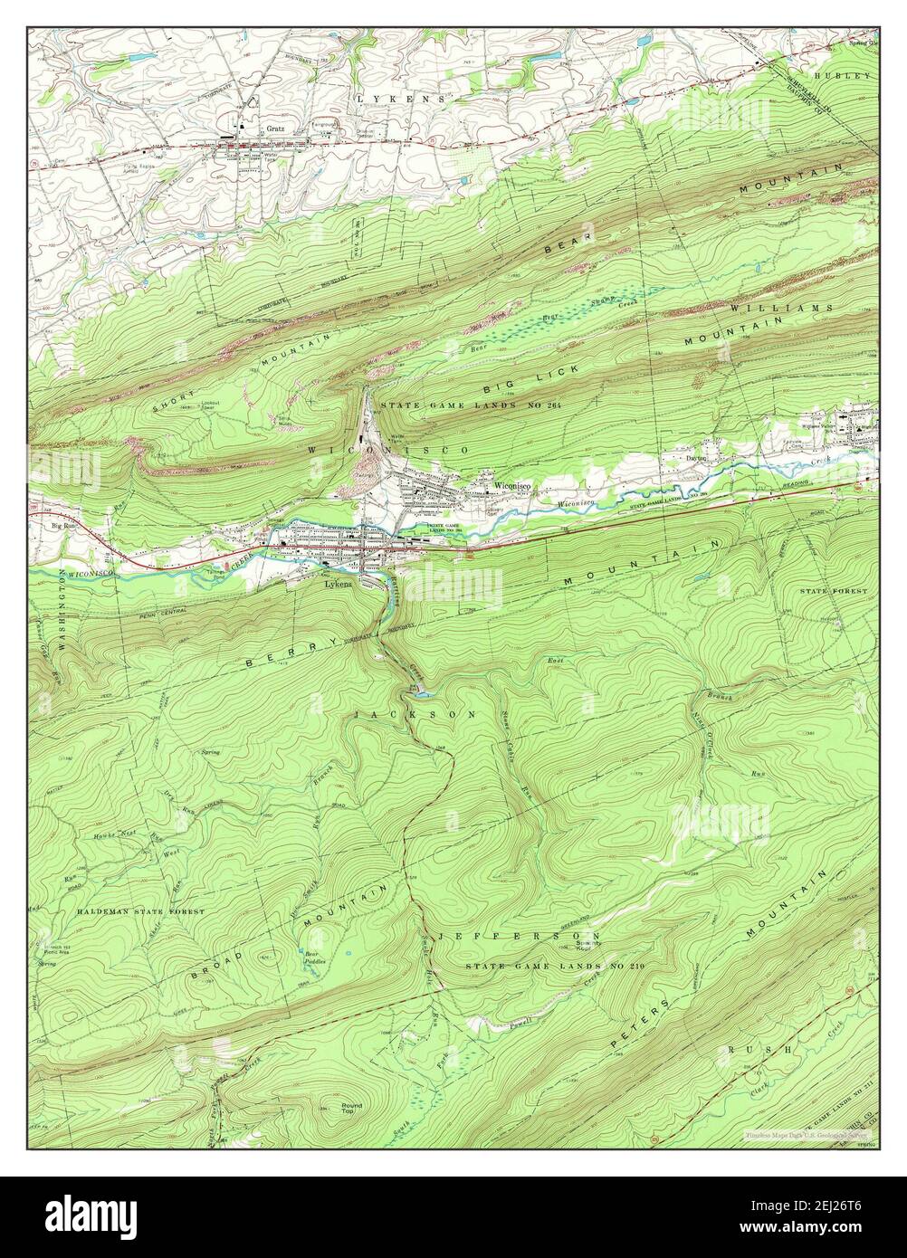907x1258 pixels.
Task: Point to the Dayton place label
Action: (x=695, y=458)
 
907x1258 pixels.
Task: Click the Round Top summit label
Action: (x=351, y=1109)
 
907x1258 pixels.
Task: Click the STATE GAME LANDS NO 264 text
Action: (x=471, y=405)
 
